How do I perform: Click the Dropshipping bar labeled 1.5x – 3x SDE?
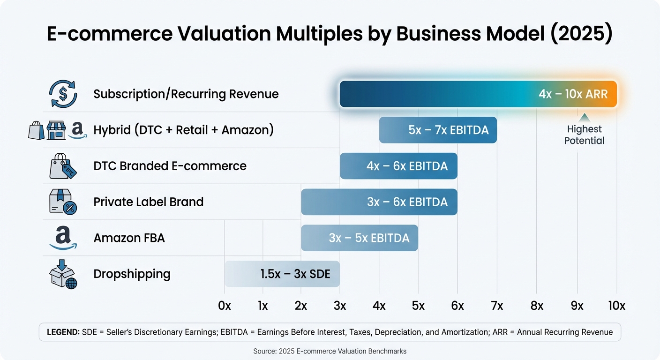click(x=282, y=274)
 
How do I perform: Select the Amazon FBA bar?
click(x=359, y=238)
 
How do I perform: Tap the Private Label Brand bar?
click(x=379, y=202)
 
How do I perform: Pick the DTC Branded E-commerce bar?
click(x=398, y=166)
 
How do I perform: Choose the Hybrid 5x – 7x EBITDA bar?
click(x=438, y=130)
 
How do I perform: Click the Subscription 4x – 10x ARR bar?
click(x=478, y=94)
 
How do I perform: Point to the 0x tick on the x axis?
click(x=225, y=306)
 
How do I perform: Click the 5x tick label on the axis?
click(x=418, y=306)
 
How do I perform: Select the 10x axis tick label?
click(x=616, y=306)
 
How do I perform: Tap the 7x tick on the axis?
click(x=497, y=306)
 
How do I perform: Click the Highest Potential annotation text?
click(x=584, y=135)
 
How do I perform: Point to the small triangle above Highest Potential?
click(x=584, y=117)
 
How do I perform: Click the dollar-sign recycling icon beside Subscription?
click(x=63, y=94)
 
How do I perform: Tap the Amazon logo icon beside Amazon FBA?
click(x=63, y=238)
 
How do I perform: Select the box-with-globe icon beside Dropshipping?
click(x=63, y=274)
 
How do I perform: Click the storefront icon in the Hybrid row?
click(x=56, y=130)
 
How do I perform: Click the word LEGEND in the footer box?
click(x=63, y=332)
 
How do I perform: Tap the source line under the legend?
click(x=330, y=351)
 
